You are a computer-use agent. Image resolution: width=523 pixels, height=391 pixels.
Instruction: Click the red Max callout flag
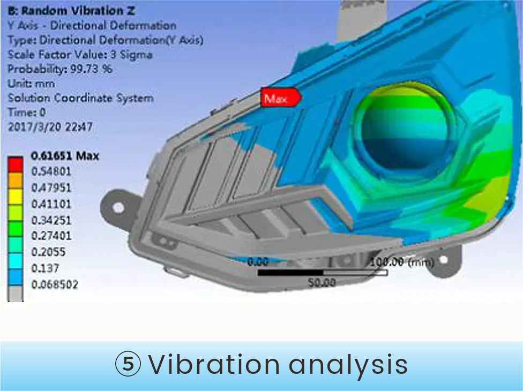point(281,97)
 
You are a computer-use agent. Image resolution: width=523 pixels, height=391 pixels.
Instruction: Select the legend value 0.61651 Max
point(65,156)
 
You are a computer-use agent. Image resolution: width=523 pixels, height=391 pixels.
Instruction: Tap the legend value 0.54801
point(51,171)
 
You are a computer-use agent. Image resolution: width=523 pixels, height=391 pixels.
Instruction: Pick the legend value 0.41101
point(51,204)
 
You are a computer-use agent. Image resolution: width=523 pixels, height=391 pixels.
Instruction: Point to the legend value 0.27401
point(51,236)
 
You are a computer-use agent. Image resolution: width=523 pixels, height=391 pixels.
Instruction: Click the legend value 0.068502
point(55,284)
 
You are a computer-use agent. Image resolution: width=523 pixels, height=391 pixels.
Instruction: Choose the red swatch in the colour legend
point(16,164)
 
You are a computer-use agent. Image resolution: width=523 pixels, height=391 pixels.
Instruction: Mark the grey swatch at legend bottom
point(16,294)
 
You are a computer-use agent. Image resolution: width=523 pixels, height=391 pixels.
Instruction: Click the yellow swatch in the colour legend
point(16,197)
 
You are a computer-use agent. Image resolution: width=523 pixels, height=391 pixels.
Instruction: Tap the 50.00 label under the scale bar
point(321,283)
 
